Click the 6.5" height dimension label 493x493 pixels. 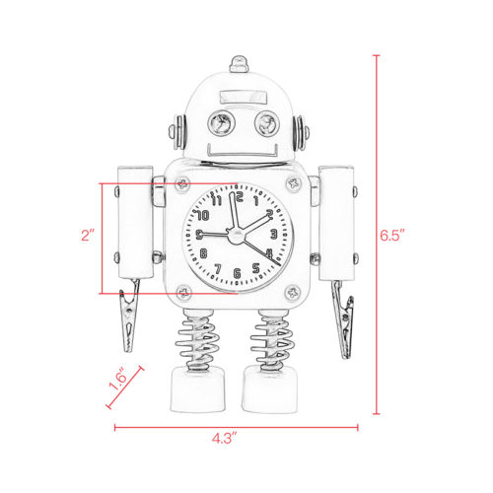[394, 236]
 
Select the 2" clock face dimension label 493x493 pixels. [88, 237]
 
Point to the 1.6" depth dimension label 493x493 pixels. [117, 383]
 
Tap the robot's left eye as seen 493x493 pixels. [218, 124]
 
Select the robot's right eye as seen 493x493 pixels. [265, 124]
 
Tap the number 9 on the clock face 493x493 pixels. [200, 235]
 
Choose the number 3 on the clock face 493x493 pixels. [271, 235]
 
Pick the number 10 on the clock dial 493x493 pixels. [204, 214]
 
